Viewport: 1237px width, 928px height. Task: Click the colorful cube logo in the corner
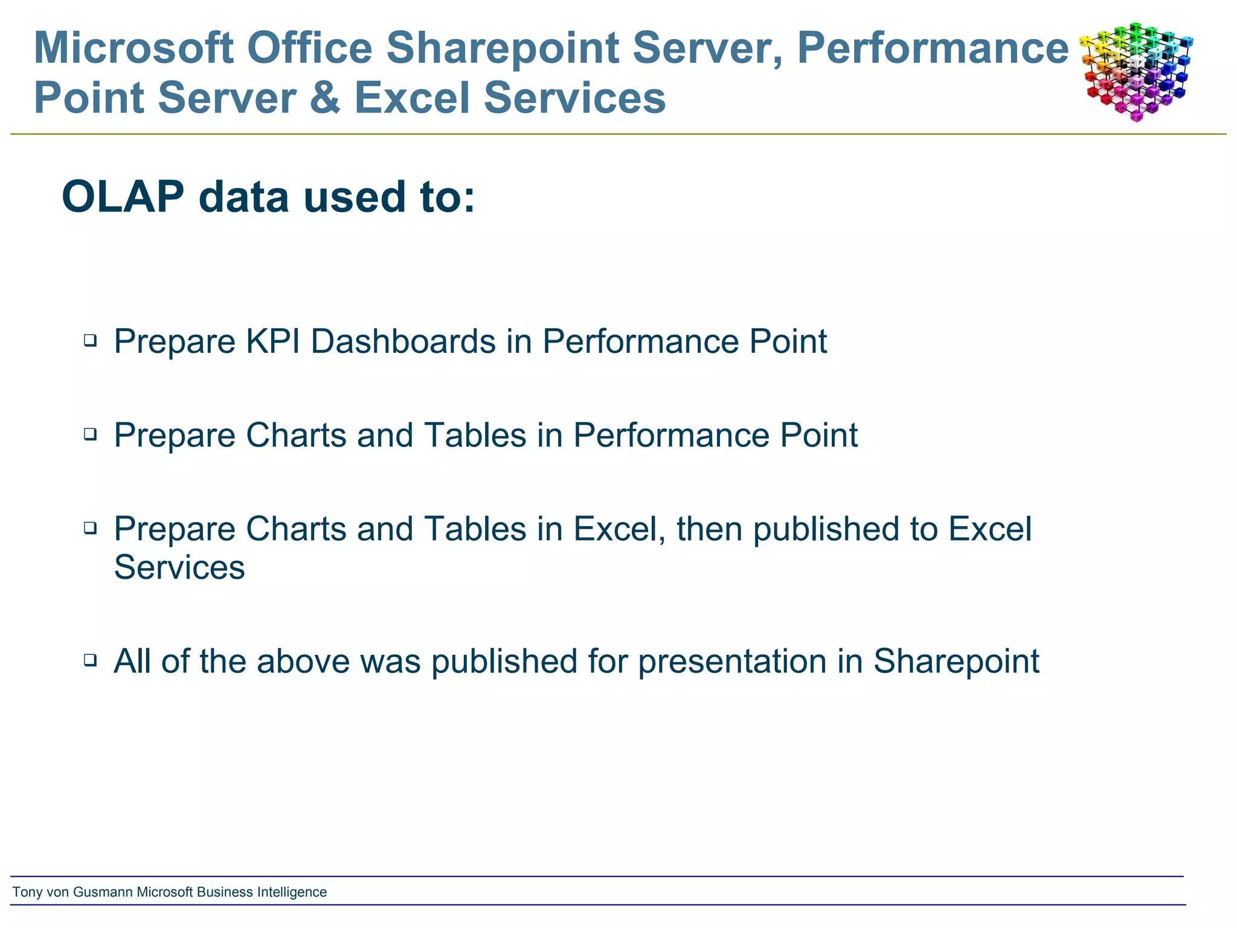point(1136,71)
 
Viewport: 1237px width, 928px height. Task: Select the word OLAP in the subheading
point(123,197)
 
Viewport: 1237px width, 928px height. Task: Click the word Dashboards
point(403,341)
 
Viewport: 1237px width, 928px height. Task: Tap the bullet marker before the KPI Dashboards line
point(91,340)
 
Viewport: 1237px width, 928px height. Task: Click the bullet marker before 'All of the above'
point(91,660)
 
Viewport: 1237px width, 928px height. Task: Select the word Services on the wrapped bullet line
point(179,567)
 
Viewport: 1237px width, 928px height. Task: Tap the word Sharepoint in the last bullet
point(956,662)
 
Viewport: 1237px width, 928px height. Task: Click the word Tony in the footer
point(27,892)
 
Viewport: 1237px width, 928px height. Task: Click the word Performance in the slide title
point(933,48)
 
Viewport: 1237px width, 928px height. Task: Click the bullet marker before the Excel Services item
point(91,528)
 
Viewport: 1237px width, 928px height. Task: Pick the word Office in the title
point(310,48)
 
